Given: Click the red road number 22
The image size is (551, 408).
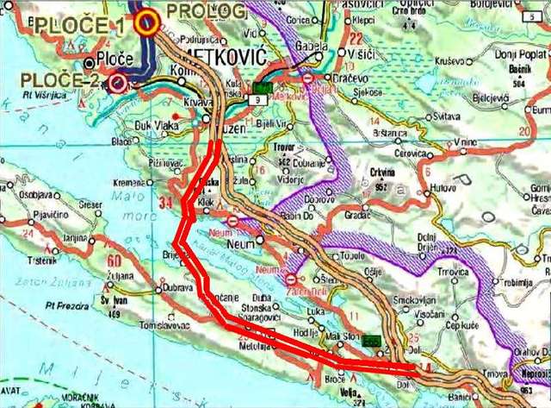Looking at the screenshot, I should tap(357, 38).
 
